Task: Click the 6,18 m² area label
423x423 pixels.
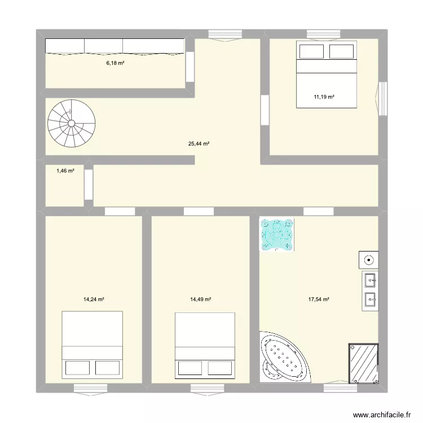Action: pos(115,63)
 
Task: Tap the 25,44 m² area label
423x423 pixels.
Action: pos(199,143)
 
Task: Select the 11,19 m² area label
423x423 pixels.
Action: pos(324,97)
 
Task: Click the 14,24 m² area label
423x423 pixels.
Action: pos(94,299)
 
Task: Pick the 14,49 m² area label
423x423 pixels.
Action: pos(200,299)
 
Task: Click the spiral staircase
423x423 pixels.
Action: pos(71,124)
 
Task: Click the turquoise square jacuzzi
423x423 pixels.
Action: pos(277,234)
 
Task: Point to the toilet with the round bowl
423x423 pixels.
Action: pos(368,260)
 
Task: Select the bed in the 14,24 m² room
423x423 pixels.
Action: pos(92,343)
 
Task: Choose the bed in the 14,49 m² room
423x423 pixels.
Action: pos(205,344)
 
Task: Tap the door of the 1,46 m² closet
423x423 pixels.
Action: pos(89,184)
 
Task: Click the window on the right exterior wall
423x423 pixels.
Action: pos(383,98)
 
